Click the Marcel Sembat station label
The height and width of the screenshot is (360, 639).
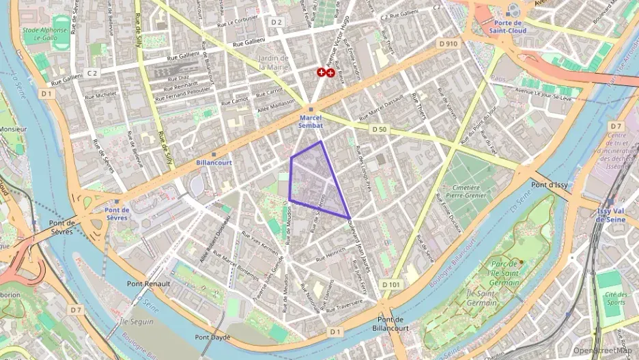tap(311, 122)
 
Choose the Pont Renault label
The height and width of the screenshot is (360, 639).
tap(149, 283)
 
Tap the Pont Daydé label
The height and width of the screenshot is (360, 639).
tap(212, 337)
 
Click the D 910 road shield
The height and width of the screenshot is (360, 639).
tap(448, 43)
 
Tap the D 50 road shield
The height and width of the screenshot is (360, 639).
tap(380, 128)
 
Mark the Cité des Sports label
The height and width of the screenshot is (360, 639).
tap(615, 298)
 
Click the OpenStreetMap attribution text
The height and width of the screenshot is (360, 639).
tap(603, 350)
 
